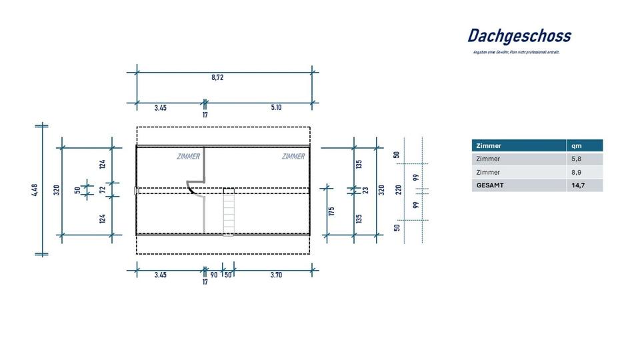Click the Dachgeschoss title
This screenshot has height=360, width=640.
(x=519, y=36)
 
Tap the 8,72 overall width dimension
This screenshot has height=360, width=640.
(x=217, y=77)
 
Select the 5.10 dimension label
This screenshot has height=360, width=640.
(x=276, y=107)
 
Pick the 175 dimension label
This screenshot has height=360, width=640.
(x=331, y=212)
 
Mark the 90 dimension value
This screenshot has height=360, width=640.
(x=213, y=275)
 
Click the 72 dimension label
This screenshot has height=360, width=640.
(x=103, y=190)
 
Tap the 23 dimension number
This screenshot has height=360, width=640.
(x=366, y=190)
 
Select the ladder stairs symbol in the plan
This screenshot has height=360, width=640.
(x=229, y=211)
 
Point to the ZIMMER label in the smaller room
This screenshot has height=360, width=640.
(x=188, y=157)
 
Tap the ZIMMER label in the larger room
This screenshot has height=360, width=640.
(x=293, y=157)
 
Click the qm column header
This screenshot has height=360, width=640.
(x=577, y=145)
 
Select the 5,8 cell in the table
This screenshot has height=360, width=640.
(x=577, y=159)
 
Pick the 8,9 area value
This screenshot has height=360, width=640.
(x=577, y=172)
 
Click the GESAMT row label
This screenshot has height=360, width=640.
(x=490, y=185)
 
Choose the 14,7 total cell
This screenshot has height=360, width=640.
(x=578, y=185)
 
